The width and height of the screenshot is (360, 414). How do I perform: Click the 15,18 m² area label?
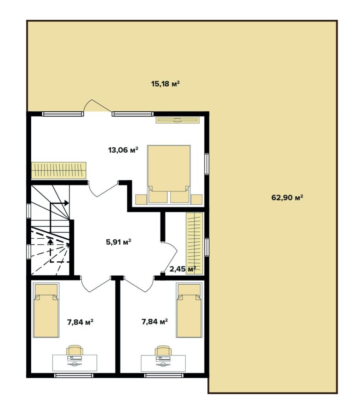[x=165, y=84]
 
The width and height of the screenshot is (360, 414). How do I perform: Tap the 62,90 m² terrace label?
[x=287, y=197]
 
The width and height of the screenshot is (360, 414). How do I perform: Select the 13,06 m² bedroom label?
[x=123, y=150]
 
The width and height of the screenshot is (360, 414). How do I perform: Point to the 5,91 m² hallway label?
[x=119, y=242]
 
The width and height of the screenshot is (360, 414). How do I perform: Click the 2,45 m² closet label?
[x=183, y=269]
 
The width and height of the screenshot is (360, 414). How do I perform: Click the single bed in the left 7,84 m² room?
[x=46, y=310]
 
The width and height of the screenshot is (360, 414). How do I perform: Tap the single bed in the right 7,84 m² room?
[x=189, y=310]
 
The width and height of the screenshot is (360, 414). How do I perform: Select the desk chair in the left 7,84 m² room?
[x=74, y=350]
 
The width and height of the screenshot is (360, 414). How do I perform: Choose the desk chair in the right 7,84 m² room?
[x=163, y=351]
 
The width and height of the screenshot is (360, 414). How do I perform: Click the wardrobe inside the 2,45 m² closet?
[x=194, y=243]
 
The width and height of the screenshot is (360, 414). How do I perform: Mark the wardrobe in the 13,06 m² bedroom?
[x=59, y=170]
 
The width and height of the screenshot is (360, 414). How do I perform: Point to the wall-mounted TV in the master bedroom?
[x=177, y=120]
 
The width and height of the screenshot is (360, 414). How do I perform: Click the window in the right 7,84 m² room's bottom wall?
[x=164, y=375]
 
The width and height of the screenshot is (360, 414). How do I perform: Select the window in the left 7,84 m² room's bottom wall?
[x=74, y=375]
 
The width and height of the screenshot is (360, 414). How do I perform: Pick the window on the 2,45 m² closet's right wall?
[x=207, y=247]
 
